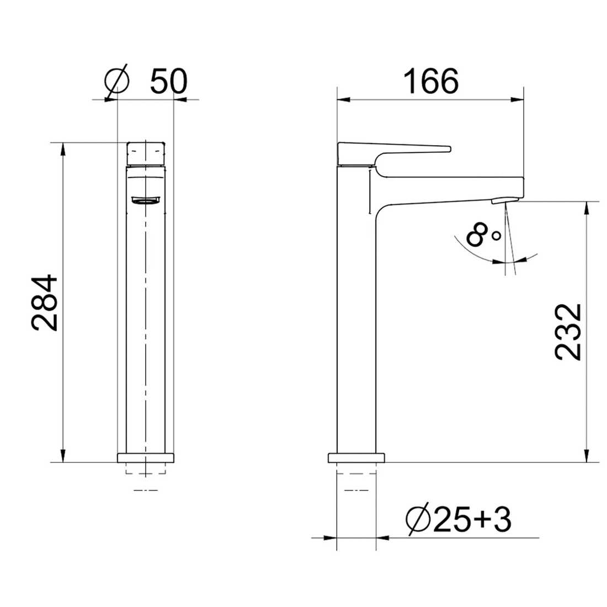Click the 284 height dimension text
[45, 303]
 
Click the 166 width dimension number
[431, 81]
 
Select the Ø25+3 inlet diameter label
[459, 519]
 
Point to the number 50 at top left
[168, 81]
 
